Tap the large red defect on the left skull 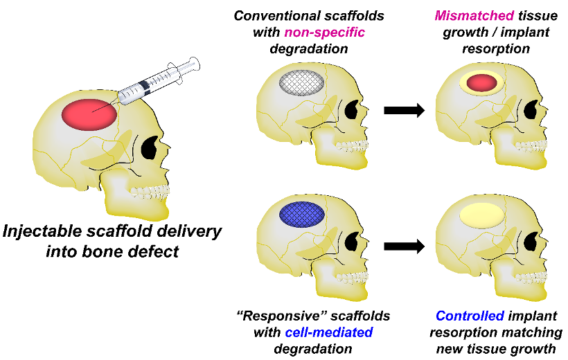[x=89, y=113]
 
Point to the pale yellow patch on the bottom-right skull [x=482, y=215]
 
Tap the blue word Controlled [x=469, y=316]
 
